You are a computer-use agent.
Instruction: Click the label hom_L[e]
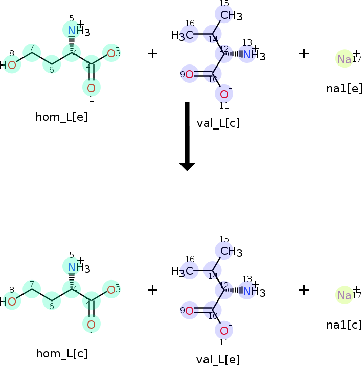[61, 117]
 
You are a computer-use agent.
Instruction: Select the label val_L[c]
[218, 123]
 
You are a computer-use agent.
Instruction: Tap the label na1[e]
[344, 88]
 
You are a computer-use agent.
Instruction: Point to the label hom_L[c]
[61, 354]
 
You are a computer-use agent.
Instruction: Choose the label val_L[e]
[218, 359]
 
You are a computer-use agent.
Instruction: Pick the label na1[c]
[344, 325]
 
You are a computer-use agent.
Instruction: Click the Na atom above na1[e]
[344, 59]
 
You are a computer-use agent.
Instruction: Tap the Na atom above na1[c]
[344, 296]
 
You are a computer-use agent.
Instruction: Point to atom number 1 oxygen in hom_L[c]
[91, 324]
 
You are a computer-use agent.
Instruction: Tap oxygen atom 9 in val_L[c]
[189, 74]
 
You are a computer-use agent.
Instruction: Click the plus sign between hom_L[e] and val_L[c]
[152, 53]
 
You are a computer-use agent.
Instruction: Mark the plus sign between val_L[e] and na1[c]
[304, 290]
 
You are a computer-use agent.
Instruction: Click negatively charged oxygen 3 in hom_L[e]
[111, 53]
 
